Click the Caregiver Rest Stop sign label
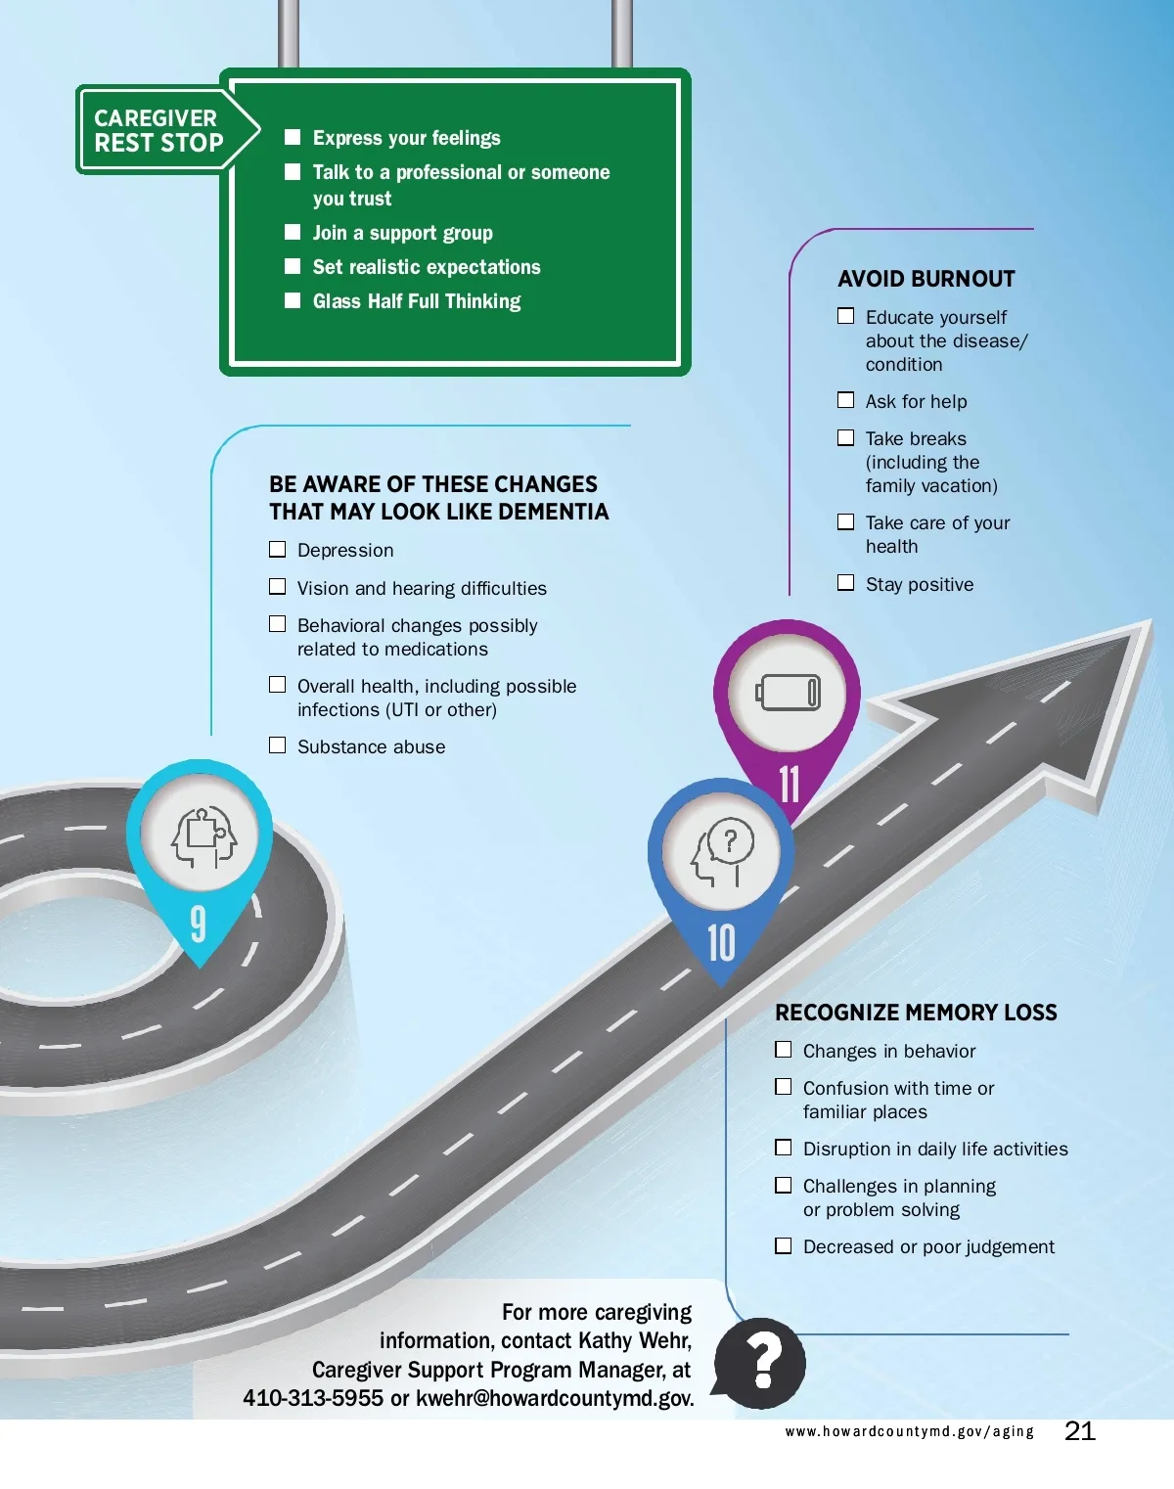(x=158, y=130)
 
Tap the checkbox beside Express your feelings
(x=293, y=137)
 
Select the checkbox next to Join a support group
(x=293, y=232)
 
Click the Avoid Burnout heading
(x=926, y=279)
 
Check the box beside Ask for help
(x=846, y=400)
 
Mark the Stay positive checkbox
(x=846, y=583)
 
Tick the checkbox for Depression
(x=278, y=549)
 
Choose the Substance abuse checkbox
(x=278, y=745)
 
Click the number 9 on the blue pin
(x=199, y=923)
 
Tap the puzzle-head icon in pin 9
(x=203, y=837)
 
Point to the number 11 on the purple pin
(x=789, y=784)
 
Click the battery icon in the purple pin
(x=788, y=694)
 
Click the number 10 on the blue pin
(x=721, y=943)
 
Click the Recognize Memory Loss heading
(x=916, y=1013)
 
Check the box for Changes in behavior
(x=784, y=1050)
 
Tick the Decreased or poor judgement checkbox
(x=784, y=1245)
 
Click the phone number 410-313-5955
(x=313, y=1398)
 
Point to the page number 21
(x=1080, y=1431)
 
